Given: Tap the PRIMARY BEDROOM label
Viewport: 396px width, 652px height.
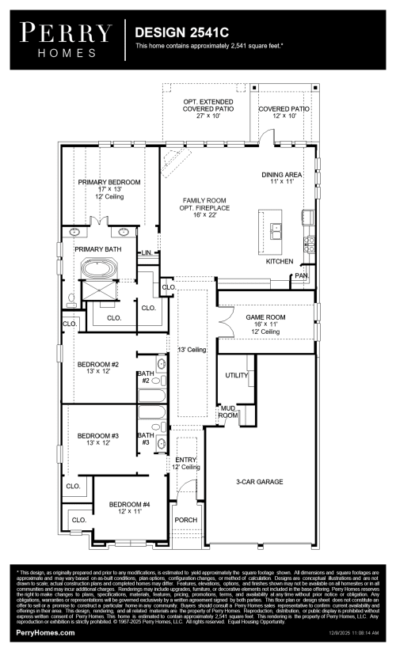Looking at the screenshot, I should point(109,182).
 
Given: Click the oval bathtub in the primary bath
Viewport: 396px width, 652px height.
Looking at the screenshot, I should point(101,272).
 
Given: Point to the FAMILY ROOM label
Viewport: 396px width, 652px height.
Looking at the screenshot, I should point(200,201).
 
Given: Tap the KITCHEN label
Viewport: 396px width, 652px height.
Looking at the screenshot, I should point(280,261).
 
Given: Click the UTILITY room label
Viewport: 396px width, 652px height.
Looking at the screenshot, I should point(236,374).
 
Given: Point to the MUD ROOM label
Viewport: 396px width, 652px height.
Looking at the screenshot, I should point(228,411).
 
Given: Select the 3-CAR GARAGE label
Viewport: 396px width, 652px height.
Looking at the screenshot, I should point(259,481).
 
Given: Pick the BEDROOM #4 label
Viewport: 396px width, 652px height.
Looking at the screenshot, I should point(128,505).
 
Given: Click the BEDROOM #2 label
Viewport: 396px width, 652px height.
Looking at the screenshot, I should point(98,365).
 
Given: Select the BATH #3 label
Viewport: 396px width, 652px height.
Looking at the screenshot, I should point(145,438).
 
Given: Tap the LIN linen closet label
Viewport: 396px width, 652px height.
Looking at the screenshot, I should point(147,253).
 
